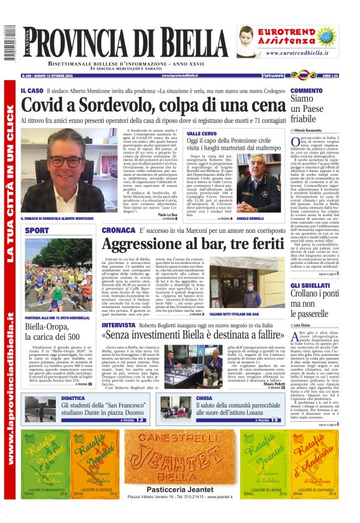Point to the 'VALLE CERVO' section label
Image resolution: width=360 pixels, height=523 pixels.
coord(202,134)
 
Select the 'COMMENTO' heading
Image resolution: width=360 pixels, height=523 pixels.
coord(307,91)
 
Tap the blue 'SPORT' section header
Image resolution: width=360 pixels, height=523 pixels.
coord(37,230)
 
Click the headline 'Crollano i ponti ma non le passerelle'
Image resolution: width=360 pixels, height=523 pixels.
coord(314,304)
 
